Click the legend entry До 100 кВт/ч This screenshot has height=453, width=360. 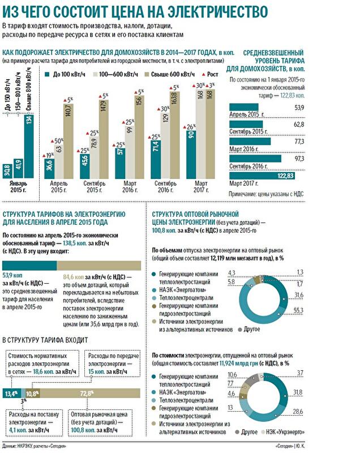pos(66,74)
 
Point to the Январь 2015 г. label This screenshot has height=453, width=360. pos(19,187)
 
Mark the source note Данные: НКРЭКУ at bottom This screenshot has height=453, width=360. pos(34,447)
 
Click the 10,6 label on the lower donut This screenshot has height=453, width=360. pos(232,375)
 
